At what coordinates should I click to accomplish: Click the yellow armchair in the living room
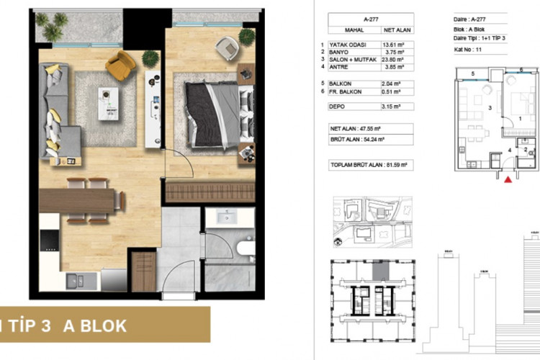tap(120, 66)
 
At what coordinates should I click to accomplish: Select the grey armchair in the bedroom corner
tap(227, 48)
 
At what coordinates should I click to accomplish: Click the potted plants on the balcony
tap(52, 27)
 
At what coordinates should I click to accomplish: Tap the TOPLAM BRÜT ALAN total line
tap(368, 165)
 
